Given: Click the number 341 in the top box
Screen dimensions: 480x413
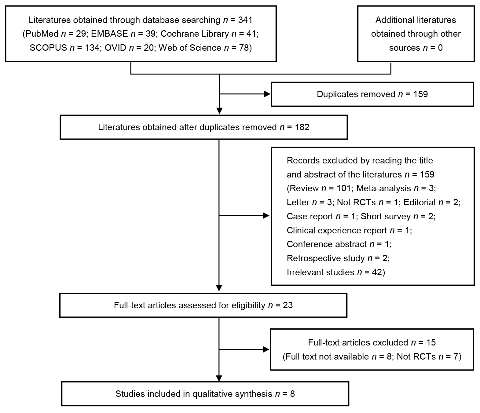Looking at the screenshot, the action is coord(245,20).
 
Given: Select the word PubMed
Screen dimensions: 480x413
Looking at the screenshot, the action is coord(42,34).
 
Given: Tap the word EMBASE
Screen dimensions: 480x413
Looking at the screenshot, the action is coord(109,34).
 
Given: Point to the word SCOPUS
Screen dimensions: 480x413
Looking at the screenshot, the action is coord(48,48).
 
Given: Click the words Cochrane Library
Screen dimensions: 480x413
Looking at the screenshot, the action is coord(195,34).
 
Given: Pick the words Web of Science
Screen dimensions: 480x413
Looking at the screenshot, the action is coord(190,48).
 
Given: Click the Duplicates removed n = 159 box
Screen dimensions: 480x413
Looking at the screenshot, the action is coord(372,94).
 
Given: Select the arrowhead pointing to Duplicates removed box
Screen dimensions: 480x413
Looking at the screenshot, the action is coord(268,94).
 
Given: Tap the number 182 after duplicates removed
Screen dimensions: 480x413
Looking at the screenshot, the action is coord(302,127).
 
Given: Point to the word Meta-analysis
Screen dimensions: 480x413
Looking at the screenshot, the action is coord(384,188).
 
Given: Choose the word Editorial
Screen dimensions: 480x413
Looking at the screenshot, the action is coord(420,203).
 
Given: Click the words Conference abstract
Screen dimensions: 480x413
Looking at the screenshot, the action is coord(327,244).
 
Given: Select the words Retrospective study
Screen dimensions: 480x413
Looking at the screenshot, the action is coord(326,258).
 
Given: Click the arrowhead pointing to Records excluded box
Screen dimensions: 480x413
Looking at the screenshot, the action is coord(266,216).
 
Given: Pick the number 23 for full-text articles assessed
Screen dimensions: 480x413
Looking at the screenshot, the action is coord(288,305).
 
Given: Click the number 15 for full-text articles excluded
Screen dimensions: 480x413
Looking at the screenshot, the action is coord(431,343).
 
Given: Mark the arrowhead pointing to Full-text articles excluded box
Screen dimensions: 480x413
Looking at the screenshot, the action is coord(266,349).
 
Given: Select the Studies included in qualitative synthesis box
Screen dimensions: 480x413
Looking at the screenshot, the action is coord(205,394).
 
